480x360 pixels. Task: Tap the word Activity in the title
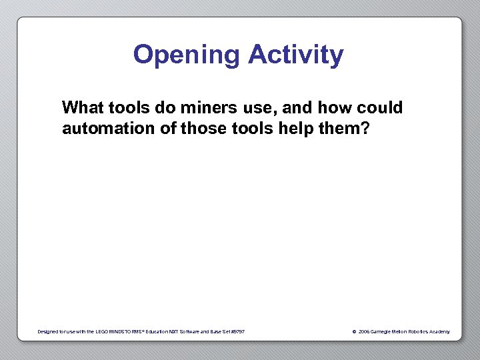[296, 55]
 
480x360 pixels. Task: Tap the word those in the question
[201, 128]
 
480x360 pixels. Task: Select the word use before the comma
[251, 107]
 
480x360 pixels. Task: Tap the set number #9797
[237, 331]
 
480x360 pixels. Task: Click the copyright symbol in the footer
[354, 331]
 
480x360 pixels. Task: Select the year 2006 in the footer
[363, 331]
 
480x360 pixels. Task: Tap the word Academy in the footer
[441, 331]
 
